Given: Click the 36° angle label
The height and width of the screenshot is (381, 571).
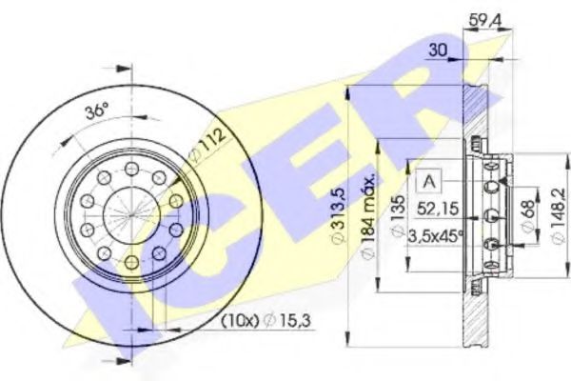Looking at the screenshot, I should coord(96,110).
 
